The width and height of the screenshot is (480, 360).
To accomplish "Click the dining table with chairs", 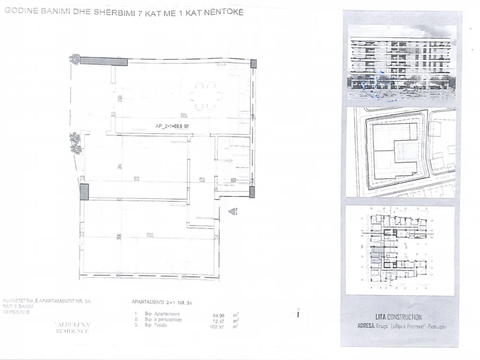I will pos(206,96).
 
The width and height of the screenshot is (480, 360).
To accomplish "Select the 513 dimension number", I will pos(136,180).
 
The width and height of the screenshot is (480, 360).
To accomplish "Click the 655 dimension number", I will pos(150,235).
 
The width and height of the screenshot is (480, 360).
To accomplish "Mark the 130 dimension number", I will pos(202,180).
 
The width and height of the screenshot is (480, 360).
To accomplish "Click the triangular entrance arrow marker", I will pos(232,212).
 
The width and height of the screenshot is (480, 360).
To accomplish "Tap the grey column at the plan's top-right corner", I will pos(253,64).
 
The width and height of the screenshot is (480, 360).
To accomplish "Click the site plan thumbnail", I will pos(402,152).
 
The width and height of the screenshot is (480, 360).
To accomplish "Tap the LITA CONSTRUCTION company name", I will pos(398,317).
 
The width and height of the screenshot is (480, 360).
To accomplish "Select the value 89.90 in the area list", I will pos(219,315).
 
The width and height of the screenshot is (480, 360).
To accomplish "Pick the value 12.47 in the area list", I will pos(219,320).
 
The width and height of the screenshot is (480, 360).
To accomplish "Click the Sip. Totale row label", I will pos(156,325).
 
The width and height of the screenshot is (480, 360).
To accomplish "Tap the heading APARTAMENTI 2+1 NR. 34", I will pos(163,302).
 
